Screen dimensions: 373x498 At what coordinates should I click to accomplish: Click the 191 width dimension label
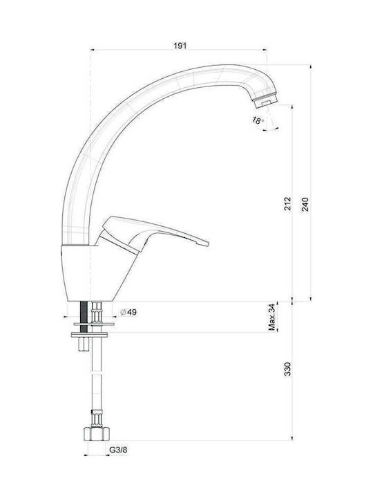coord(180,46)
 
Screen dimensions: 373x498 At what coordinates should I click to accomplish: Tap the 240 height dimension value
coord(305,204)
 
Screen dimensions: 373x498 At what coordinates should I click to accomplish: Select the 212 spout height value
coord(287,203)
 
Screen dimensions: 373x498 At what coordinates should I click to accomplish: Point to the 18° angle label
coord(258,120)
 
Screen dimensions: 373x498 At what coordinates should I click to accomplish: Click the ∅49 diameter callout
coord(128,312)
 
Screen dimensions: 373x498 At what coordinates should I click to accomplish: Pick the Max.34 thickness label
coord(272,317)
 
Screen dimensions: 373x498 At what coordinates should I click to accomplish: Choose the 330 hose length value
coord(287,369)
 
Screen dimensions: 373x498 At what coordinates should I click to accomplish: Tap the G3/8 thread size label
coord(118,450)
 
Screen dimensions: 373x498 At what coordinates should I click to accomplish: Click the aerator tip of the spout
coord(265,100)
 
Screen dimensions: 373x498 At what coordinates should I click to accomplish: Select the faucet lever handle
coord(152,234)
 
